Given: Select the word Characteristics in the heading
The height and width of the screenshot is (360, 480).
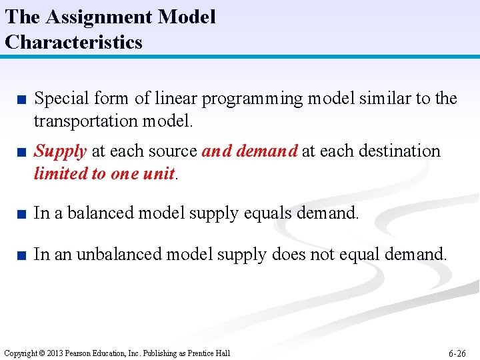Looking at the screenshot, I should coord(73,42).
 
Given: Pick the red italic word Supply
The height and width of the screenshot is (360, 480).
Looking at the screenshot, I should coord(60,151).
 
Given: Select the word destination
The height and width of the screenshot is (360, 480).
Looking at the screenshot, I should coord(398,151).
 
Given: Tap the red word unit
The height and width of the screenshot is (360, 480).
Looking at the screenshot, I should coord(160,173).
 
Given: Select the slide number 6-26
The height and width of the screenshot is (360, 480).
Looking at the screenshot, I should coord(457,353).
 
